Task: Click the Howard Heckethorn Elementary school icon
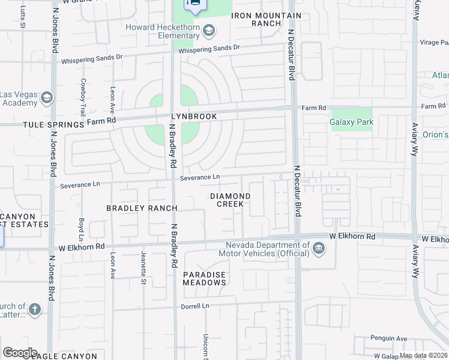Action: pyautogui.click(x=209, y=29)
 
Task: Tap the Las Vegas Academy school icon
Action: pyautogui.click(x=47, y=98)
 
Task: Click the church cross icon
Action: pyautogui.click(x=35, y=310)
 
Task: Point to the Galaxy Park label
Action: pyautogui.click(x=352, y=122)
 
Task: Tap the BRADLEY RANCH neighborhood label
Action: pyautogui.click(x=142, y=208)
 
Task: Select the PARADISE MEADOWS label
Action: pyautogui.click(x=204, y=278)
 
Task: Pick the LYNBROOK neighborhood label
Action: pyautogui.click(x=193, y=116)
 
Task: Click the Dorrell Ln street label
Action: pyautogui.click(x=194, y=306)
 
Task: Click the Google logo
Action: pyautogui.click(x=19, y=353)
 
